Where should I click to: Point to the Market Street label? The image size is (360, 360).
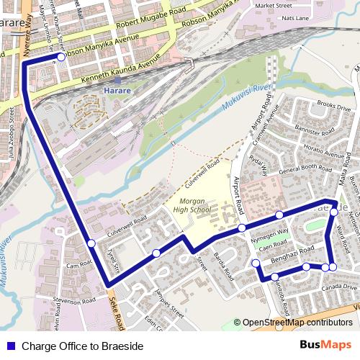point(274,5)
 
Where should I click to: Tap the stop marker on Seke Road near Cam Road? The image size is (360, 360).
point(91,243)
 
